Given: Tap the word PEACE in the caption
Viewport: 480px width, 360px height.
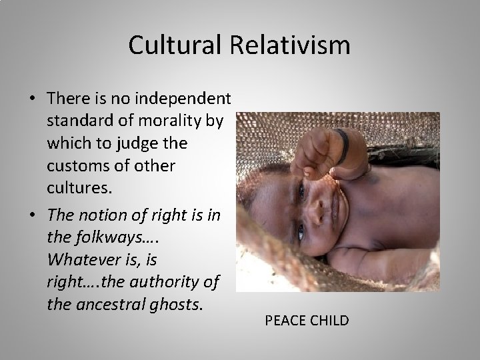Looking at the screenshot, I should pyautogui.click(x=285, y=321).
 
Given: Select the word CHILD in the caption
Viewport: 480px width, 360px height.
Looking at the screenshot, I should pyautogui.click(x=330, y=321).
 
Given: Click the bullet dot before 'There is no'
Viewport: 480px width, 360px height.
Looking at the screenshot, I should pyautogui.click(x=31, y=99).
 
